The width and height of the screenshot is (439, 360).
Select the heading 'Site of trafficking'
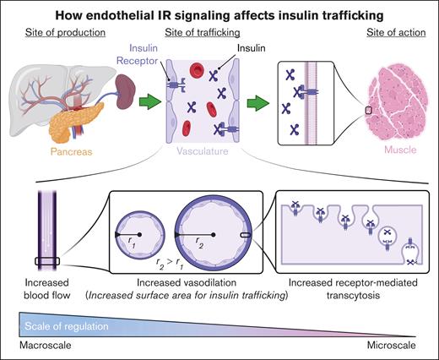(x=201, y=32)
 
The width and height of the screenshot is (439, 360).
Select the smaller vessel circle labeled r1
(x=142, y=232)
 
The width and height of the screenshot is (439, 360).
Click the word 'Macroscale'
(x=43, y=346)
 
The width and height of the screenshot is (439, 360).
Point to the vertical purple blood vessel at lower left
(x=42, y=228)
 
